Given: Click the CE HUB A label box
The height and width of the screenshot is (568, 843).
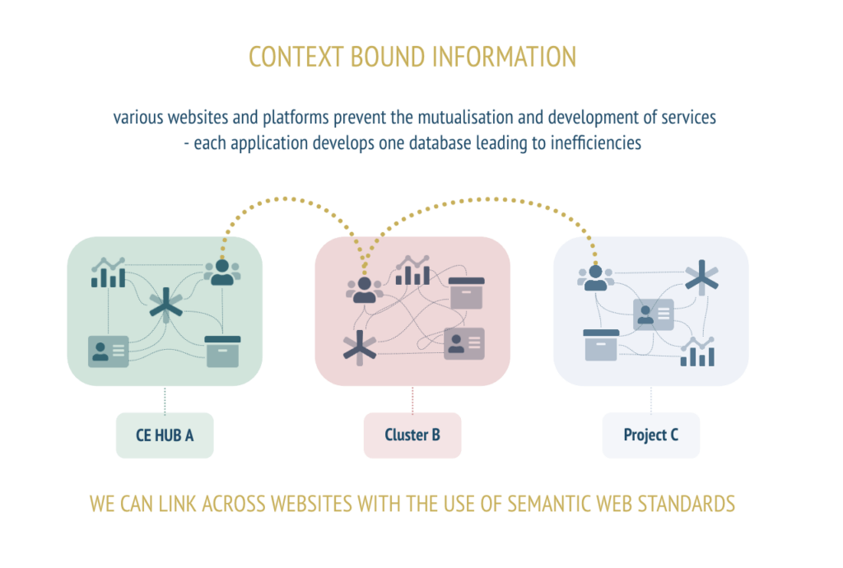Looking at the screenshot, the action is [x=165, y=435].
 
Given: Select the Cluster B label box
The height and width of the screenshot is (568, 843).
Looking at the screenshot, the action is [x=412, y=435].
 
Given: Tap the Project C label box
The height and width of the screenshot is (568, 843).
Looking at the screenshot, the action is [x=651, y=435].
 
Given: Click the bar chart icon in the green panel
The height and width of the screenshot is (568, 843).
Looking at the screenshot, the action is [x=108, y=272].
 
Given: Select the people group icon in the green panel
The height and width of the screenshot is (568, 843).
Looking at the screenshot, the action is [x=222, y=272].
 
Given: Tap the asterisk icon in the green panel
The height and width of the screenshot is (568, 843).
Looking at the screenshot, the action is [x=166, y=305].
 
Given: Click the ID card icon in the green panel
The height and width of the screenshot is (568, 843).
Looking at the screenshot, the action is [x=109, y=352].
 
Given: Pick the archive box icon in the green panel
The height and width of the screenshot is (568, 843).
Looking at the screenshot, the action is [x=222, y=352].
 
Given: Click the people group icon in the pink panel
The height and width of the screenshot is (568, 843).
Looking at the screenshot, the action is [x=365, y=290].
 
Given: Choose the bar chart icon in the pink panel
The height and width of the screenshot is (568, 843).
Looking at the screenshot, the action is [x=412, y=270].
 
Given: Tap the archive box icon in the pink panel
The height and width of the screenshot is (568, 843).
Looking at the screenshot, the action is [x=466, y=293].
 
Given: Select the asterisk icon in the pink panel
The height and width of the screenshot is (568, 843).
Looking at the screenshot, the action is [x=360, y=347].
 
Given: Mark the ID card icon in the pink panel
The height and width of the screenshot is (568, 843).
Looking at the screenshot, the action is [x=464, y=344].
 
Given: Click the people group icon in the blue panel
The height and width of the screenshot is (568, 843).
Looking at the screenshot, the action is [x=596, y=277].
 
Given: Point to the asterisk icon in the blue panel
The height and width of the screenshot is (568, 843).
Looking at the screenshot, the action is [x=701, y=277].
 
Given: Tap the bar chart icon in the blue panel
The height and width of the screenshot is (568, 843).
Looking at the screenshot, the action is [x=697, y=352].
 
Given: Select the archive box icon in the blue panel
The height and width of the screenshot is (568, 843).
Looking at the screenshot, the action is [x=601, y=345].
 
